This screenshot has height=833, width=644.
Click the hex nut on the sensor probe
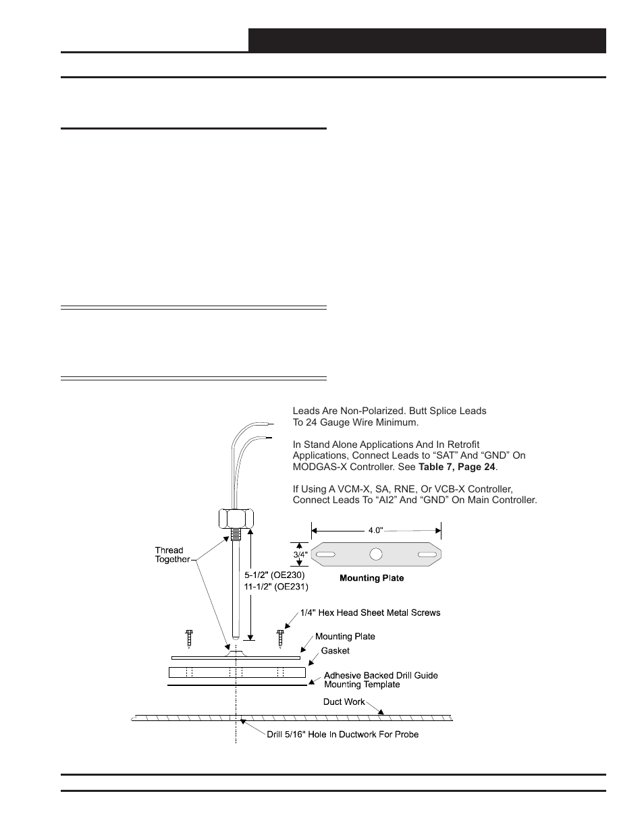(236, 518)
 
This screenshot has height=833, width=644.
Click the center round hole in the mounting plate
(376, 554)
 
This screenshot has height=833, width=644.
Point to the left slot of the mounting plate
(326, 554)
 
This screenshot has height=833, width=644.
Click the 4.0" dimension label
(376, 530)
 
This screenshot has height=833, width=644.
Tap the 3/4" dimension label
(300, 554)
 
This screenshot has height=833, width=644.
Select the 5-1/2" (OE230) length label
(275, 575)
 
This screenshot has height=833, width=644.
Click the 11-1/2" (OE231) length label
(276, 587)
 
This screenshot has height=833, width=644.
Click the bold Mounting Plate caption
(371, 578)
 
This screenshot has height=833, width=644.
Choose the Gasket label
(335, 651)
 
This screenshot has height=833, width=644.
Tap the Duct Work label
(344, 701)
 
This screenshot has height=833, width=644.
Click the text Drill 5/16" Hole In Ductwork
(342, 734)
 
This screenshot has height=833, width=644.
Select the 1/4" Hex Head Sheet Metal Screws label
(370, 612)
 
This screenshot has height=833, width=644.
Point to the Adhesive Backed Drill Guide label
(381, 675)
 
